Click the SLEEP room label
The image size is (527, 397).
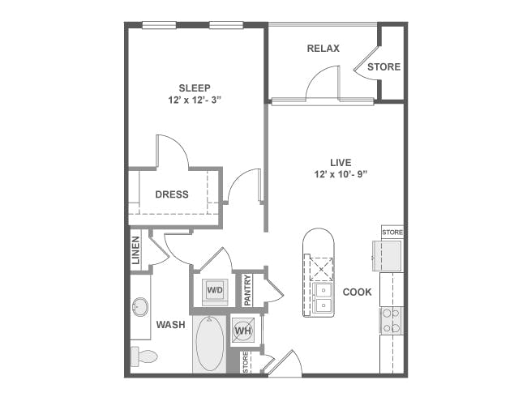(x=195, y=88)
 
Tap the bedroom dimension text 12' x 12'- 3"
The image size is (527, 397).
(x=195, y=100)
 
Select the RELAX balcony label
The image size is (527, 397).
(x=323, y=49)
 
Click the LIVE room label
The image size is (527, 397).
(x=341, y=163)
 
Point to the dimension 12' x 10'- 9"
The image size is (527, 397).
(x=341, y=174)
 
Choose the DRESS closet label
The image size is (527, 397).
(x=172, y=194)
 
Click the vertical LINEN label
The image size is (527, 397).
(x=135, y=250)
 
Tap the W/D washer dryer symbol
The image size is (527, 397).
(x=215, y=290)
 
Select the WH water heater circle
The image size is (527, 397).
(x=243, y=331)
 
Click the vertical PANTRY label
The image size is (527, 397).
(x=248, y=290)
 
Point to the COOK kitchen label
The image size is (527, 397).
(x=358, y=292)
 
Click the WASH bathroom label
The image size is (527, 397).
(x=171, y=325)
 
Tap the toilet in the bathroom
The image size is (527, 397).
(x=144, y=356)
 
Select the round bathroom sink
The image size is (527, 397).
(x=140, y=307)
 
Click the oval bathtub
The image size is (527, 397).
(x=210, y=344)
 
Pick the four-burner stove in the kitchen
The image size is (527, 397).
(x=392, y=321)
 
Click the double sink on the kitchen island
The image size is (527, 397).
(x=323, y=297)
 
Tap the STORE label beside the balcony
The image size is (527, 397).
(x=383, y=67)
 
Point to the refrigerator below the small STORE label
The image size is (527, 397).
(x=388, y=256)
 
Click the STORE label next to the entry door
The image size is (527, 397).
(x=246, y=362)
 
